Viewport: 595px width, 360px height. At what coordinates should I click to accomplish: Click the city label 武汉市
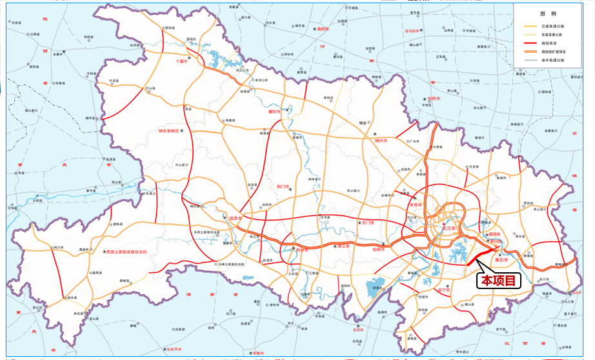click(449, 228)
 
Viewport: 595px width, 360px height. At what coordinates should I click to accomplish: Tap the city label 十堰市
click(181, 61)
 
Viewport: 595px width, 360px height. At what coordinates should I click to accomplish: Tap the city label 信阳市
click(434, 99)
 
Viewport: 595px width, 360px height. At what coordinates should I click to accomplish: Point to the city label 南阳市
click(323, 29)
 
